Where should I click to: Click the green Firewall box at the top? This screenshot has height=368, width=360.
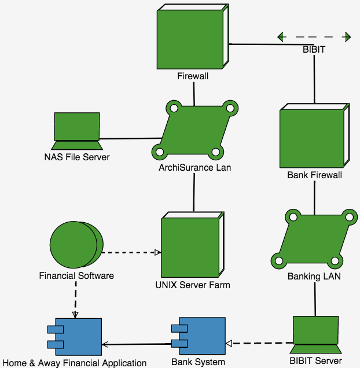[190, 39]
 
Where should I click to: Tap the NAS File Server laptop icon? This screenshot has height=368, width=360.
[76, 127]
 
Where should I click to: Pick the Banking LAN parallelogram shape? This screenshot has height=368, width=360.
[314, 238]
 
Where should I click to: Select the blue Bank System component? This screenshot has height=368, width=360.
[199, 336]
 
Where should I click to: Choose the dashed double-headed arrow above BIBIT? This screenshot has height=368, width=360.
[314, 38]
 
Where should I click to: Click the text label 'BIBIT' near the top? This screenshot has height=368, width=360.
[314, 50]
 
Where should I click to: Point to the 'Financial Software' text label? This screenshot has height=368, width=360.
[76, 275]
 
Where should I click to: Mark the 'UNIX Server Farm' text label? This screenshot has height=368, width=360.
[193, 285]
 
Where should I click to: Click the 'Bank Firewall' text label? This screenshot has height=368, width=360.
[314, 175]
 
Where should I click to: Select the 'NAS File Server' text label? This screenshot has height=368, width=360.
[76, 156]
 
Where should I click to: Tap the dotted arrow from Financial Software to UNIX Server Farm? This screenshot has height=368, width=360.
[131, 252]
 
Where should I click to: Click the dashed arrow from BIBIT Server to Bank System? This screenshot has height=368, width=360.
[259, 343]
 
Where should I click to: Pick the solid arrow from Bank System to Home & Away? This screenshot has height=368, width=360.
[135, 344]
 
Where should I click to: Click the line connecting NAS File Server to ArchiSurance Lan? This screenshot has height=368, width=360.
[130, 139]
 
